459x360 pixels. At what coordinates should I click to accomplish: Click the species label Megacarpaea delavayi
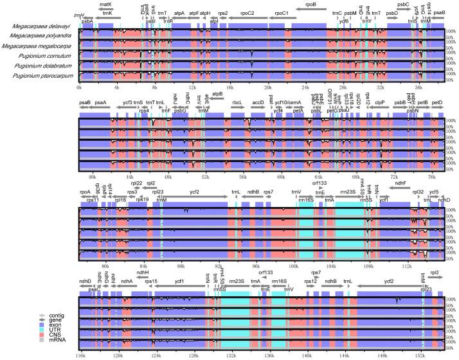point(40,27)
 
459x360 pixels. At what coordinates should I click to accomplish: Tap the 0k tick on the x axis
point(79,86)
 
